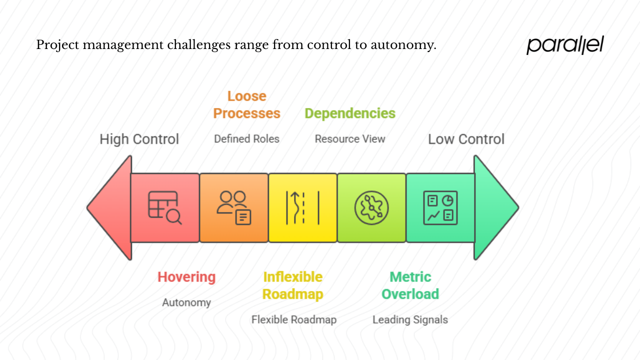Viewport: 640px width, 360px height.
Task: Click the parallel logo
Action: (565, 45)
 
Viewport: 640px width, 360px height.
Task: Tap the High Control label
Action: (139, 139)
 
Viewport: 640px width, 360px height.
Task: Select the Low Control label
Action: (466, 139)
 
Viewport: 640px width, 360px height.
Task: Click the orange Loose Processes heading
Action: (246, 104)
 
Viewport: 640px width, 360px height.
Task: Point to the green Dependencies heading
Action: (350, 113)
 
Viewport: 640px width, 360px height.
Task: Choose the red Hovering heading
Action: (186, 277)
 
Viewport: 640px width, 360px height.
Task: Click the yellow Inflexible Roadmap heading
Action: (293, 285)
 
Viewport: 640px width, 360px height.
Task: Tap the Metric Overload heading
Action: (410, 285)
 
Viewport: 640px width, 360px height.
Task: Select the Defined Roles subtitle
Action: (246, 139)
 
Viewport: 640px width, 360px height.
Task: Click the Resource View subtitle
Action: (350, 139)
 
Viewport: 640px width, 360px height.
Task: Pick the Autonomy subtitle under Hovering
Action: (186, 302)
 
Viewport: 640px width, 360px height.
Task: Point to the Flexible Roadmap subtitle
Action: (294, 319)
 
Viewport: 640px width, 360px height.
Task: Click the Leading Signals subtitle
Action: (410, 319)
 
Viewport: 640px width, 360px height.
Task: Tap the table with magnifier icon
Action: (164, 207)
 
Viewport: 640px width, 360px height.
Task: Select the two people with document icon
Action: (233, 207)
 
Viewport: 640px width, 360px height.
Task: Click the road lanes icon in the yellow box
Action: (302, 207)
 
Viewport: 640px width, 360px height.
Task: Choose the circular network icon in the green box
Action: (371, 207)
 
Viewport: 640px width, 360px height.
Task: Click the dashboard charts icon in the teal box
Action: (440, 207)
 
